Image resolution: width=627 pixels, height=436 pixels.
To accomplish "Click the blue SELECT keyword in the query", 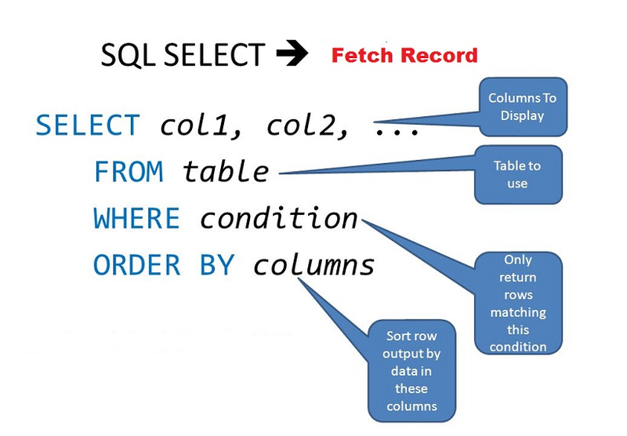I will point(88,125).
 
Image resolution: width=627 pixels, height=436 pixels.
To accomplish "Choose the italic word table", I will point(226,172).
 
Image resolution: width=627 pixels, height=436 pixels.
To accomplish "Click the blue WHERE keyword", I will point(137,219).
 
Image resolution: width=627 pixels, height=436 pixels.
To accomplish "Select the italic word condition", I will point(278,219).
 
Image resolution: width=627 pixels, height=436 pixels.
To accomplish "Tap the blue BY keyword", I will point(216,266).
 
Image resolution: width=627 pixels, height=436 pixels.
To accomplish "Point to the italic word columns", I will point(313,266).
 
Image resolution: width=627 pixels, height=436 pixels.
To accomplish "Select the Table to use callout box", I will point(517,174).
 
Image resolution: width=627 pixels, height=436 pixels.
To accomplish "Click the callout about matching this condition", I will point(518,302).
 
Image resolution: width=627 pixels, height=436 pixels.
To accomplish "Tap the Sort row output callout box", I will point(411,371).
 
